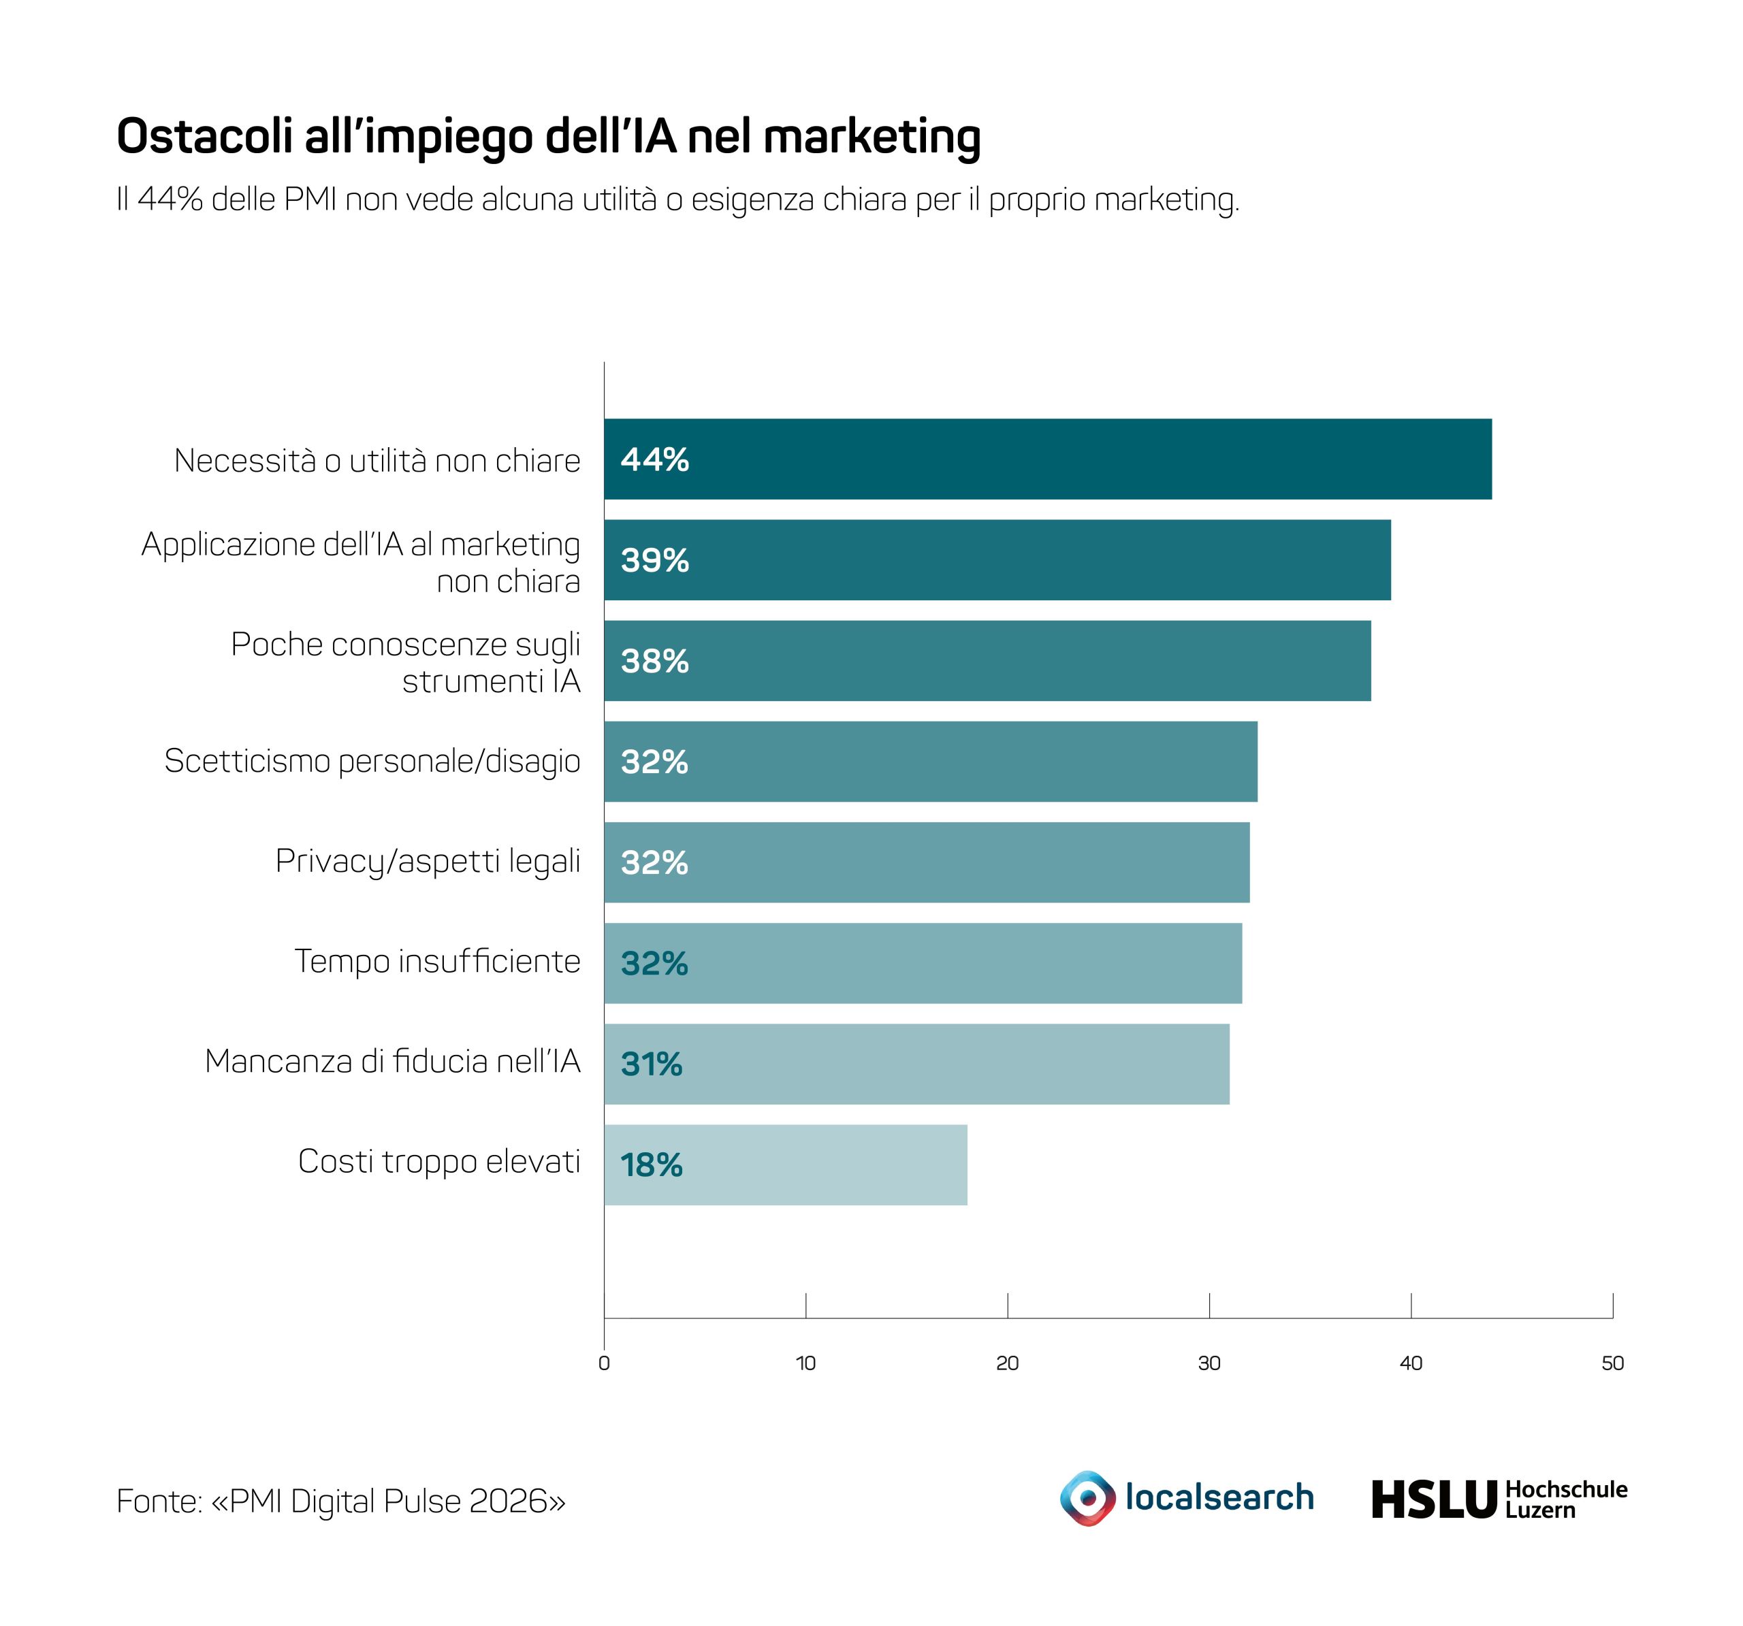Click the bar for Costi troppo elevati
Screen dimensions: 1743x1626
point(786,1165)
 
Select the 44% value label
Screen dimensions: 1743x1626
point(655,459)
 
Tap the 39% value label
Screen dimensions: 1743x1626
point(655,560)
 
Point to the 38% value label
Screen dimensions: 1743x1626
point(655,661)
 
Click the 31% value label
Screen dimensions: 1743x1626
point(652,1064)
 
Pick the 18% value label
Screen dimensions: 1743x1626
point(652,1165)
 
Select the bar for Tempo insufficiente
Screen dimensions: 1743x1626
point(923,963)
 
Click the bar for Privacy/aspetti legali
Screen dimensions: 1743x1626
point(927,862)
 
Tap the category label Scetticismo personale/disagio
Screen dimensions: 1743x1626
point(372,762)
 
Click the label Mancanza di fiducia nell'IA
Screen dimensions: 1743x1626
point(393,1062)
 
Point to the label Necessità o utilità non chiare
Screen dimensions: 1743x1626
point(378,460)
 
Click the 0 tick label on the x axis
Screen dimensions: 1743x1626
point(604,1363)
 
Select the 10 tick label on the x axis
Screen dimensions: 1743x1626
point(805,1363)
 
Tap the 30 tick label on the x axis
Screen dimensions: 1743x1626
point(1209,1363)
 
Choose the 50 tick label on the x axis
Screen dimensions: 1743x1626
point(1612,1363)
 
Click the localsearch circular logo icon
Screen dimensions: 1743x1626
point(1088,1498)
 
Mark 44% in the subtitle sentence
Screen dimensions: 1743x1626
point(170,200)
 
